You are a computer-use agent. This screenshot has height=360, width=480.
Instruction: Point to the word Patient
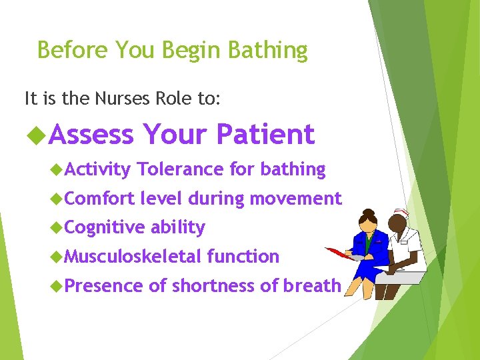click(265, 135)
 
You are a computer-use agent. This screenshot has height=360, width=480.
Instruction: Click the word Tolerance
click(180, 169)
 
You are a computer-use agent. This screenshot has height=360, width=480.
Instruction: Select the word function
click(243, 256)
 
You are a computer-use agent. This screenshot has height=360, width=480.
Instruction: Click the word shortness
click(213, 285)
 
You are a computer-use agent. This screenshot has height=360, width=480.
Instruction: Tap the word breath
click(312, 285)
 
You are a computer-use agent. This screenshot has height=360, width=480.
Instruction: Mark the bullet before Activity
click(56, 170)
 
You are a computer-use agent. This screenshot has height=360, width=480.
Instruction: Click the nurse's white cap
click(400, 213)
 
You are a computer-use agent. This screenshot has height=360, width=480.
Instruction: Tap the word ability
click(178, 227)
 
